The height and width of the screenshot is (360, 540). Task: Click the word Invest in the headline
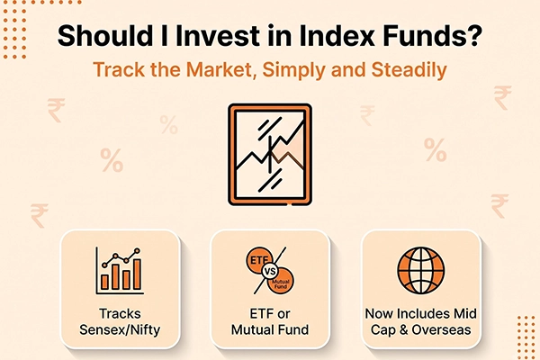[218, 35]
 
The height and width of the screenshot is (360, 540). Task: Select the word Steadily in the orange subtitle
[409, 70]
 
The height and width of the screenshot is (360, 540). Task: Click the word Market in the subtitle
[221, 69]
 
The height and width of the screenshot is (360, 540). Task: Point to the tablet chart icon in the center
[270, 154]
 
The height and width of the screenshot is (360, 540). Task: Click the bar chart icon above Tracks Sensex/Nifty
[120, 270]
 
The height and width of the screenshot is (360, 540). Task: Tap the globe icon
[420, 270]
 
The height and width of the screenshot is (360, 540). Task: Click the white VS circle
[270, 272]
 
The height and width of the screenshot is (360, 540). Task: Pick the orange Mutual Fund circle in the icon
[282, 282]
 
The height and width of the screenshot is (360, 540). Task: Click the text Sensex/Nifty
[120, 330]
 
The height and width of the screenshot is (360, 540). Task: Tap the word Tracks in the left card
[120, 314]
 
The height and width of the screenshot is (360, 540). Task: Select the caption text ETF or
[270, 314]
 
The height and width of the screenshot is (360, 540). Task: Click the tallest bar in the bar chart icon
[137, 274]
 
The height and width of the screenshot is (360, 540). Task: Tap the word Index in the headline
[337, 35]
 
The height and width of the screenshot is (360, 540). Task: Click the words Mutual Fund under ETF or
[270, 330]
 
